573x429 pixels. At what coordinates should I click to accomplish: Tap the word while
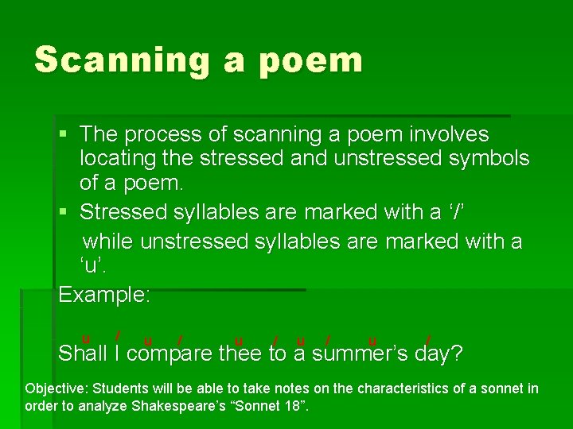[x=108, y=241]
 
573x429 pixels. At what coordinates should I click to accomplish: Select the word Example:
[x=104, y=295]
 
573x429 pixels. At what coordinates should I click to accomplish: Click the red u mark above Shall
[x=85, y=338]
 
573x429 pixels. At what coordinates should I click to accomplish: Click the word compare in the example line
[x=170, y=353]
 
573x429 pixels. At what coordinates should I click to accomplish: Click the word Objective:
[x=57, y=388]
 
